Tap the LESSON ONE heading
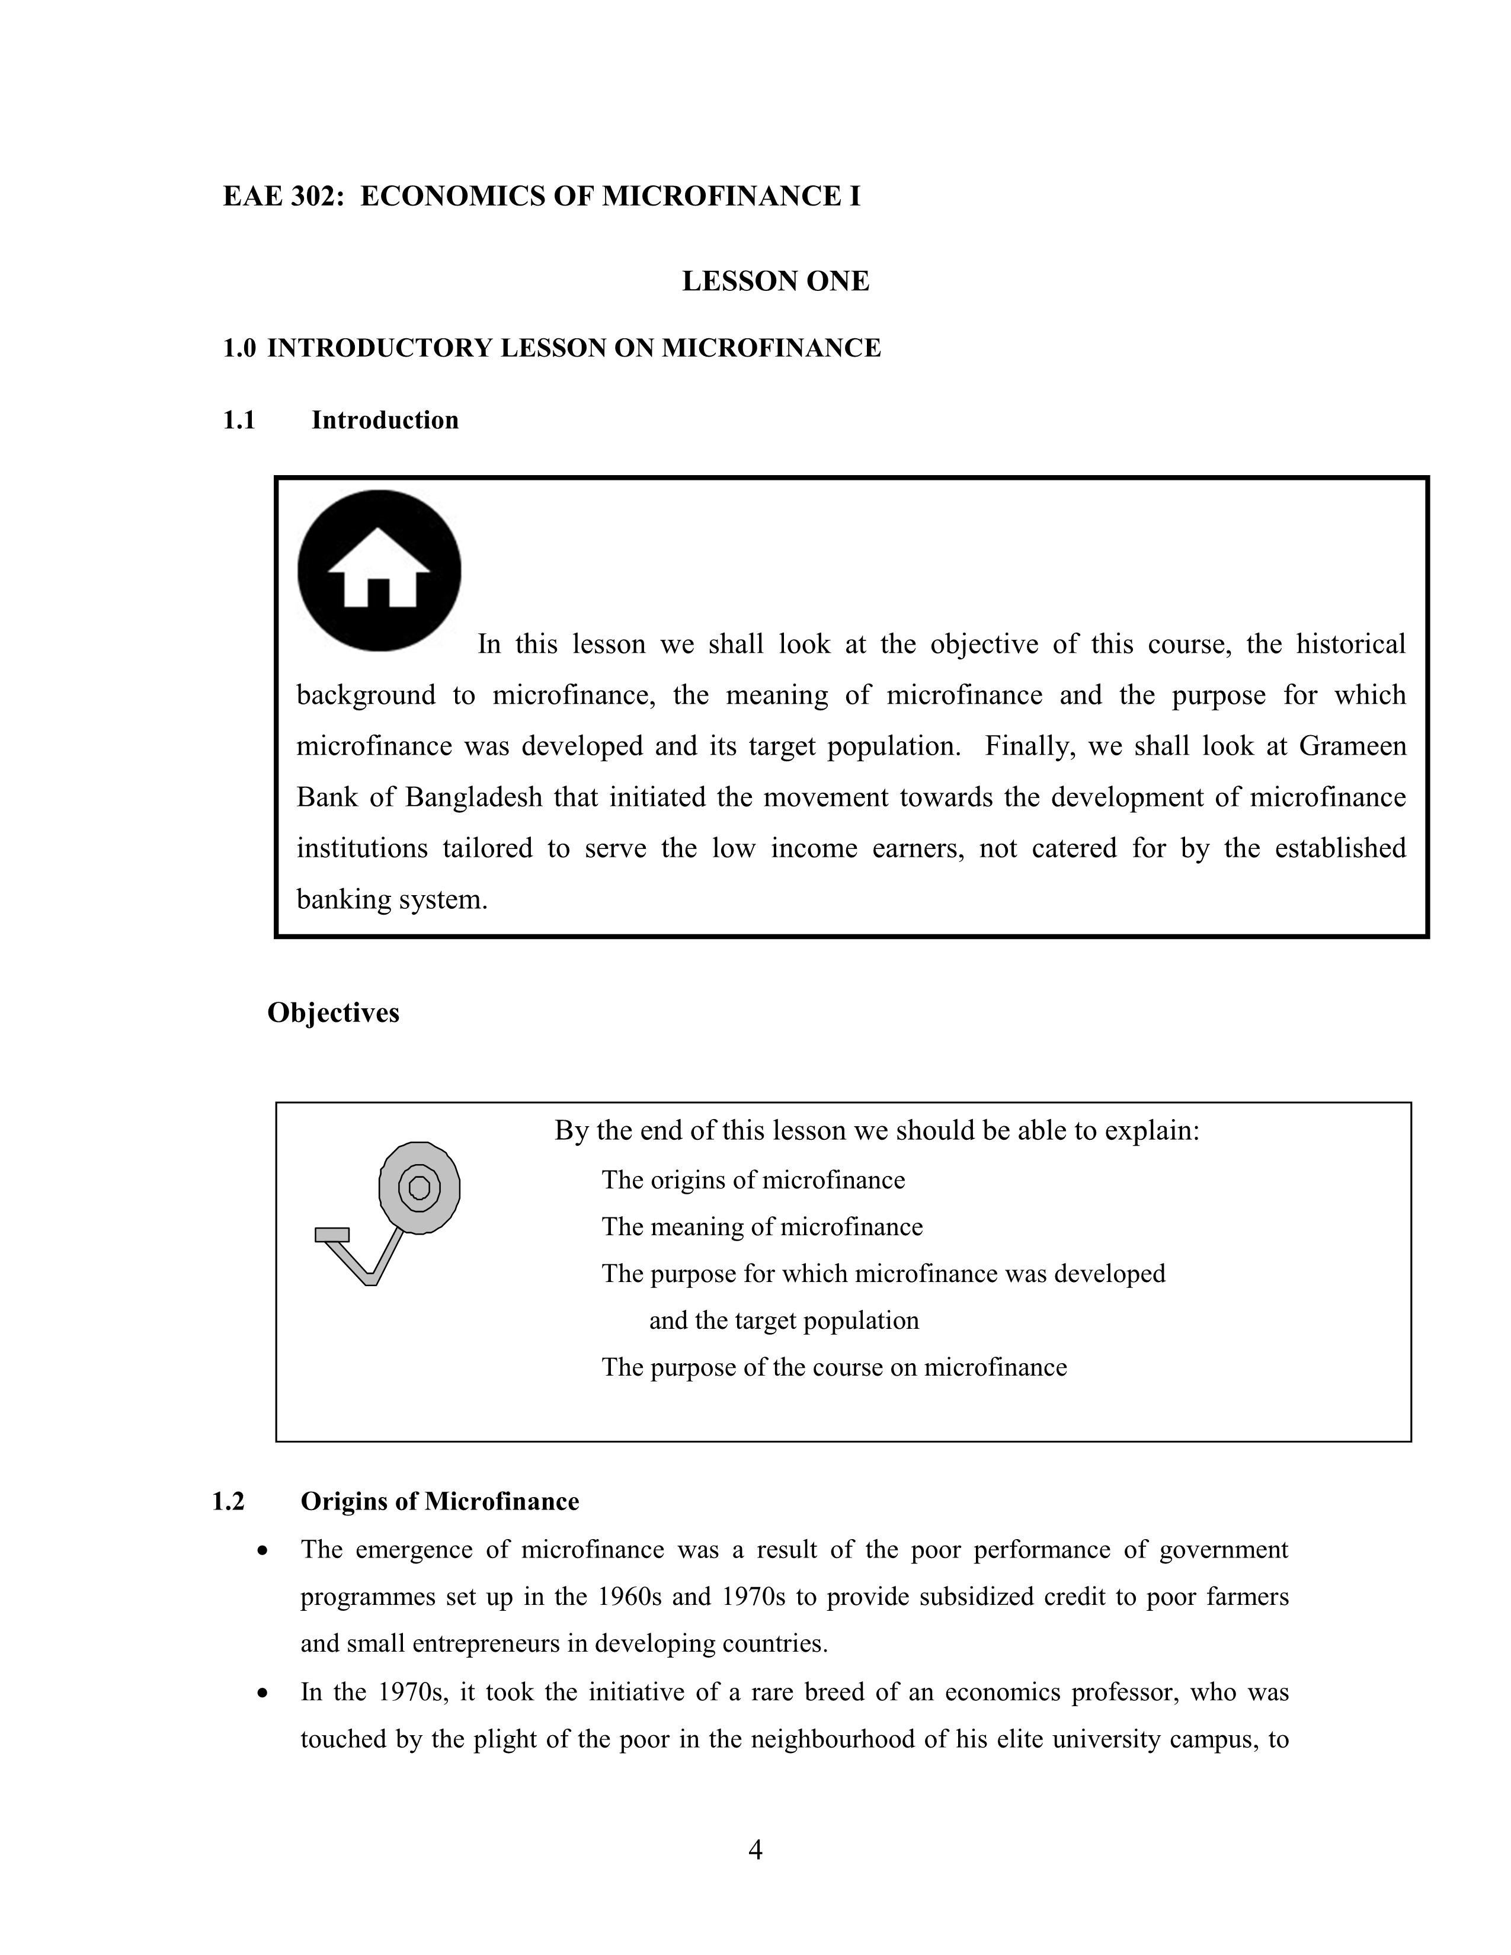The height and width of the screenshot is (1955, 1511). tap(775, 281)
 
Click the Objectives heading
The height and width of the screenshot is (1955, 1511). tap(333, 1012)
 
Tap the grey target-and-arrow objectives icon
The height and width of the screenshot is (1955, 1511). tap(394, 1209)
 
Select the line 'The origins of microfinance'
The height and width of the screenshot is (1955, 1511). tap(753, 1180)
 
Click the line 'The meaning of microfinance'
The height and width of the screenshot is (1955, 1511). tap(762, 1226)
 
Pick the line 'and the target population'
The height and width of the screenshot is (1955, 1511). tap(783, 1321)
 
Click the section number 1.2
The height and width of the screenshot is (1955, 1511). tap(228, 1501)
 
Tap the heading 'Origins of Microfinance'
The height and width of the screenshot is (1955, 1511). tap(440, 1501)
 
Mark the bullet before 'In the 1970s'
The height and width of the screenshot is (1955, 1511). tap(261, 1693)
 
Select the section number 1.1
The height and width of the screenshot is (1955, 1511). tap(239, 420)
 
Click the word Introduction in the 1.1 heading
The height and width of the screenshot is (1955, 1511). tap(385, 420)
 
